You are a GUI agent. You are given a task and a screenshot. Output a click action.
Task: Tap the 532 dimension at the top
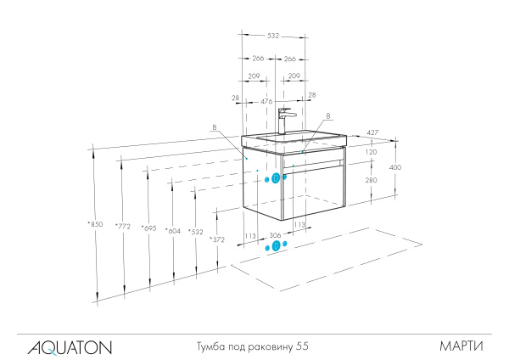273,36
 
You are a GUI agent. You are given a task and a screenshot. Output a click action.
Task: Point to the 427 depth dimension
372,132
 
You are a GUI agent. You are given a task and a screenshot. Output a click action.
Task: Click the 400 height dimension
394,168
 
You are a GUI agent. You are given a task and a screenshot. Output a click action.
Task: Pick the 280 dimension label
371,180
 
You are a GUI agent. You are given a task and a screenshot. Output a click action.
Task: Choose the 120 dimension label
371,152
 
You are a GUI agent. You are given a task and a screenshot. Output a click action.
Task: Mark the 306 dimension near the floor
275,235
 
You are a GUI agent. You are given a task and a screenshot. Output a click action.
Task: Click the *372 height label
216,240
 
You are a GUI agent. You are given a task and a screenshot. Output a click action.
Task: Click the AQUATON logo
70,346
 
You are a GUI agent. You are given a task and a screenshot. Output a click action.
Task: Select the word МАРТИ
461,346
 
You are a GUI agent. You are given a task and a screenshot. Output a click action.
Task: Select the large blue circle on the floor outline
275,246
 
